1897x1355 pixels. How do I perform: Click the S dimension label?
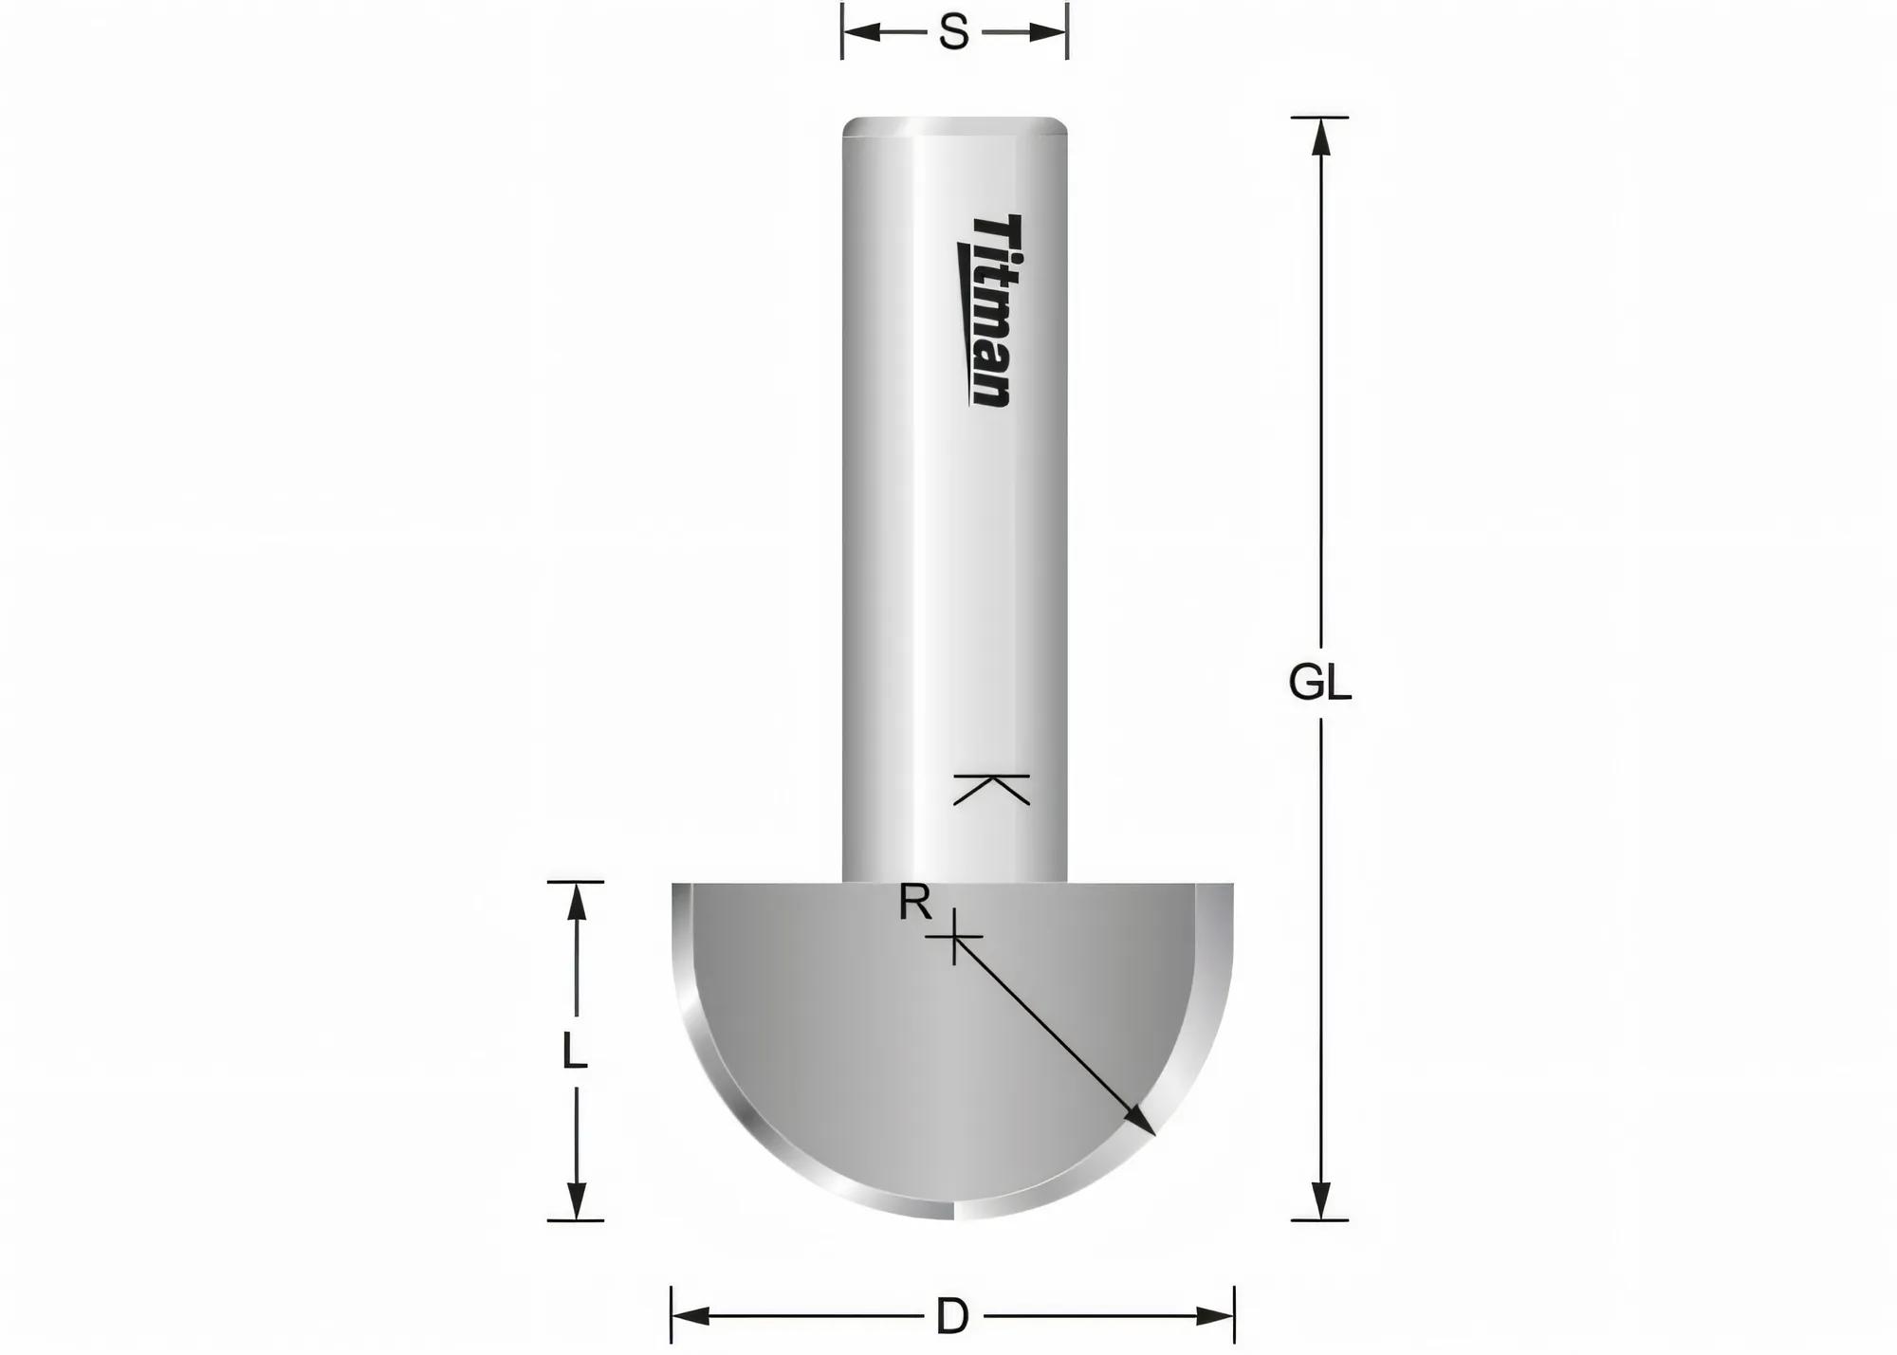tap(953, 33)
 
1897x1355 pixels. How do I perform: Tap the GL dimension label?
tap(1319, 683)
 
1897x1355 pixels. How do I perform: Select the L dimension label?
tap(574, 1051)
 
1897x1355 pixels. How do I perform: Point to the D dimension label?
tap(952, 1317)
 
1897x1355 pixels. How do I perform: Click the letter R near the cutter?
tap(914, 904)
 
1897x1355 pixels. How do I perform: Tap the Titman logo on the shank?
tap(986, 310)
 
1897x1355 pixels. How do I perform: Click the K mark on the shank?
tap(991, 789)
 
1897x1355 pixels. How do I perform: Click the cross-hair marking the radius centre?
tap(954, 938)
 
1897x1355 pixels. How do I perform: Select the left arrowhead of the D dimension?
tap(690, 1316)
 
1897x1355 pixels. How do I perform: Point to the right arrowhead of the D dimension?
tap(1215, 1316)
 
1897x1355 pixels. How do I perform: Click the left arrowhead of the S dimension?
tap(860, 33)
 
